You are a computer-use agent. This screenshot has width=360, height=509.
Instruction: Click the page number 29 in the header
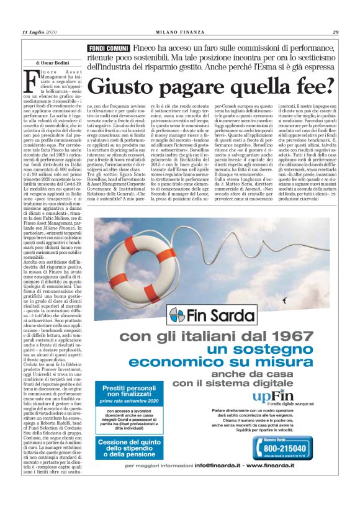(x=335, y=32)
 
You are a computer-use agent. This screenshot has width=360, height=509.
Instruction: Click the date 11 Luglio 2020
(x=39, y=32)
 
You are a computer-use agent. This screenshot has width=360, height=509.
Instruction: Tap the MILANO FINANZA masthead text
(x=180, y=32)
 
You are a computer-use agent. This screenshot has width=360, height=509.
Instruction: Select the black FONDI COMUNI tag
(x=109, y=48)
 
